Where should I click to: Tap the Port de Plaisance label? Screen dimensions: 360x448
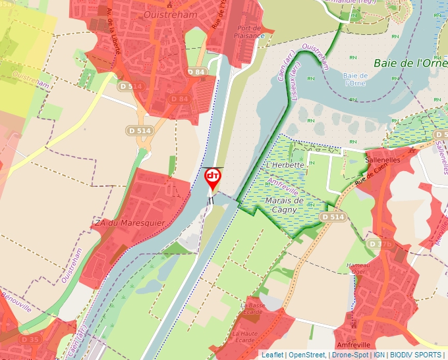point(251,32)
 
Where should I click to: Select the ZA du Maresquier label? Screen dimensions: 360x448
point(129,223)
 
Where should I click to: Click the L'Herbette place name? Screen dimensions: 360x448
point(286,165)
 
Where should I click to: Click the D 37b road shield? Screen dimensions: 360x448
point(380,244)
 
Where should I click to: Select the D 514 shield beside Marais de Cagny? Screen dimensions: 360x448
point(333,217)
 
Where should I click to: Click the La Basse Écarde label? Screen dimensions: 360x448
point(252,309)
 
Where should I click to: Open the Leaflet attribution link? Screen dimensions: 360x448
point(273,355)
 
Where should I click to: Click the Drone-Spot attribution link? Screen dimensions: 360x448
point(350,355)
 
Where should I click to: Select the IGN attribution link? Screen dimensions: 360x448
point(379,355)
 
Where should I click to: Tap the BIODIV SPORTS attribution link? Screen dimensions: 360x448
point(416,355)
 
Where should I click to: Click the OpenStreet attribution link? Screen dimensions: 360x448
point(307,355)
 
